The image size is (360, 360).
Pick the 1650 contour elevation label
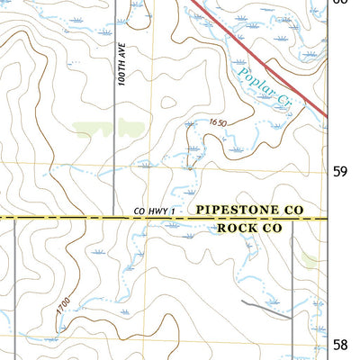point(217,122)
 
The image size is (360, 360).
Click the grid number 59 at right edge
point(340,171)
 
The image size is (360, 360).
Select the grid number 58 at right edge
point(340,344)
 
